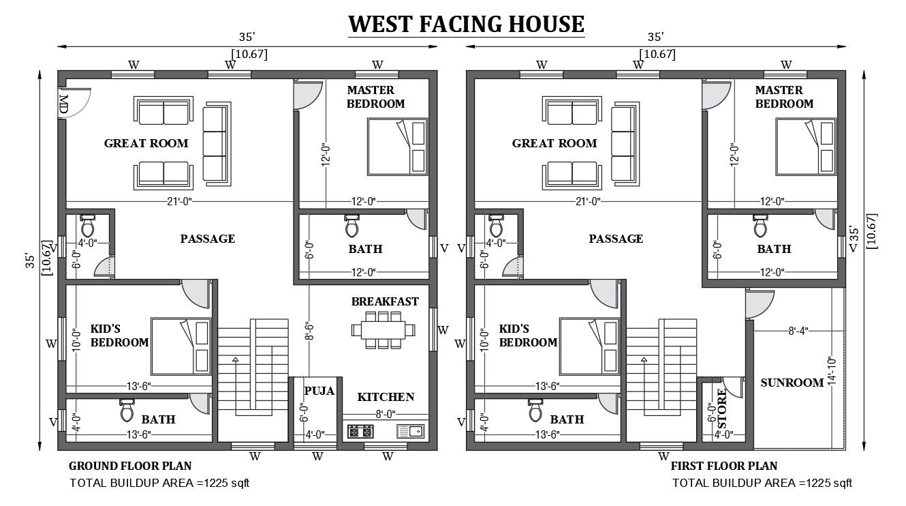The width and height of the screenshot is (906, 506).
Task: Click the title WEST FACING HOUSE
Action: coord(466,24)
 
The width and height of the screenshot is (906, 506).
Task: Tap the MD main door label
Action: coord(63,104)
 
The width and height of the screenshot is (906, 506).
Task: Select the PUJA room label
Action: coord(319,391)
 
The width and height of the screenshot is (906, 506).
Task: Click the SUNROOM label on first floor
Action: coord(792,383)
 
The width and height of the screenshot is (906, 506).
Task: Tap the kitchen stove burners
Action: coord(360,431)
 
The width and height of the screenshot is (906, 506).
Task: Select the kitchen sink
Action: coord(411,431)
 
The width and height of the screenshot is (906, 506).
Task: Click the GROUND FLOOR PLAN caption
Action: coord(130,466)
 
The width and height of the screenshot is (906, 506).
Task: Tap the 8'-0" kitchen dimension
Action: coord(385,413)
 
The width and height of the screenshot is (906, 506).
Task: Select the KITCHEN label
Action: coord(386,397)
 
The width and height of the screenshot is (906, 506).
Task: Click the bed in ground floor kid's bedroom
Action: coord(181,346)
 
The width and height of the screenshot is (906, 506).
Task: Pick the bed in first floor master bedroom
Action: coord(806,146)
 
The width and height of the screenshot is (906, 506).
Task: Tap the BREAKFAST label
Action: coord(385,301)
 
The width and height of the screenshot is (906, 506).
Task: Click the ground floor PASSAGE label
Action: coord(207,239)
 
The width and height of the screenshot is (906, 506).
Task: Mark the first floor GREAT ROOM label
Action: coord(554,143)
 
